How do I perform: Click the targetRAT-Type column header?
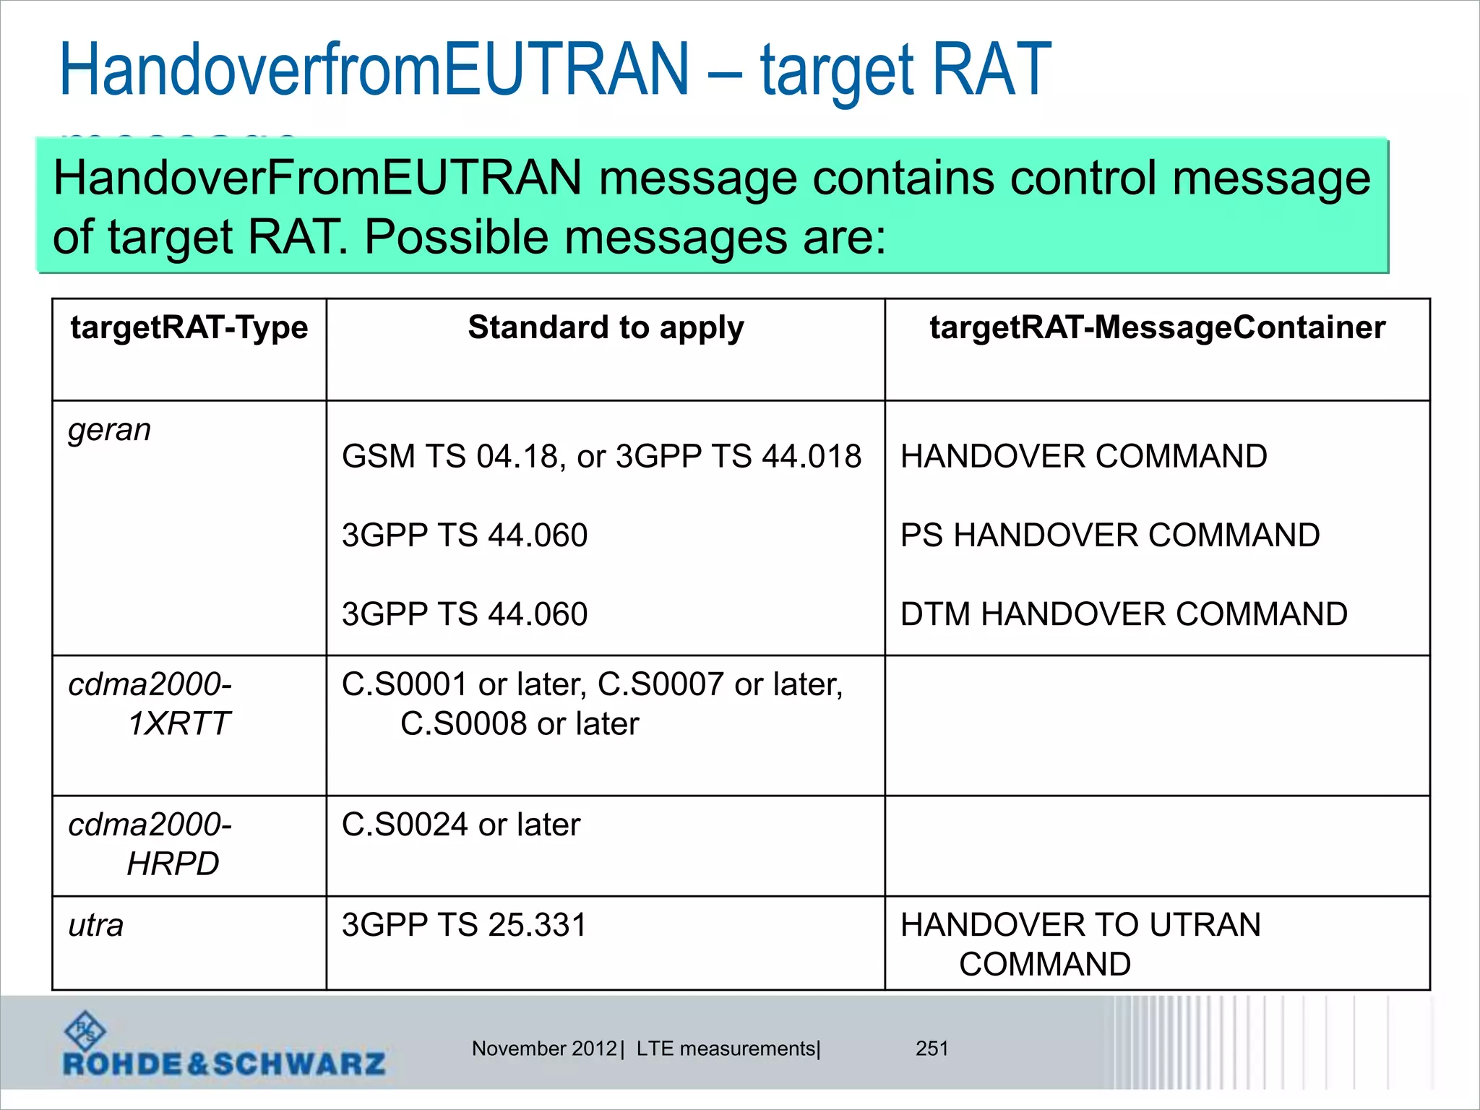pyautogui.click(x=189, y=328)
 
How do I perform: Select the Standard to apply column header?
pyautogui.click(x=606, y=328)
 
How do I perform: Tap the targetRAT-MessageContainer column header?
pyautogui.click(x=1157, y=328)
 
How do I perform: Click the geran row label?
pyautogui.click(x=110, y=431)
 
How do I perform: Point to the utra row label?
pyautogui.click(x=96, y=926)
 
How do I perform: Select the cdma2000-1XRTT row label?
pyautogui.click(x=150, y=704)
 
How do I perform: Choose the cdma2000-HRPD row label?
pyautogui.click(x=150, y=844)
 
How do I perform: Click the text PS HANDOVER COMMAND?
pyautogui.click(x=1110, y=535)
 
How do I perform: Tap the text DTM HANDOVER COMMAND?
pyautogui.click(x=1124, y=614)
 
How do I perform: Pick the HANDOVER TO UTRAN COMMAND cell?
pyautogui.click(x=1081, y=944)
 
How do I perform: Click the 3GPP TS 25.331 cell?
pyautogui.click(x=464, y=926)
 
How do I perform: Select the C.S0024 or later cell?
pyautogui.click(x=461, y=825)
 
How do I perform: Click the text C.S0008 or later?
pyautogui.click(x=520, y=724)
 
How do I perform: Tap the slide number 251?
pyautogui.click(x=932, y=1049)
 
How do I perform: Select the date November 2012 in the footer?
pyautogui.click(x=544, y=1049)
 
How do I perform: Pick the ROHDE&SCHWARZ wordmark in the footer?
pyautogui.click(x=224, y=1064)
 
